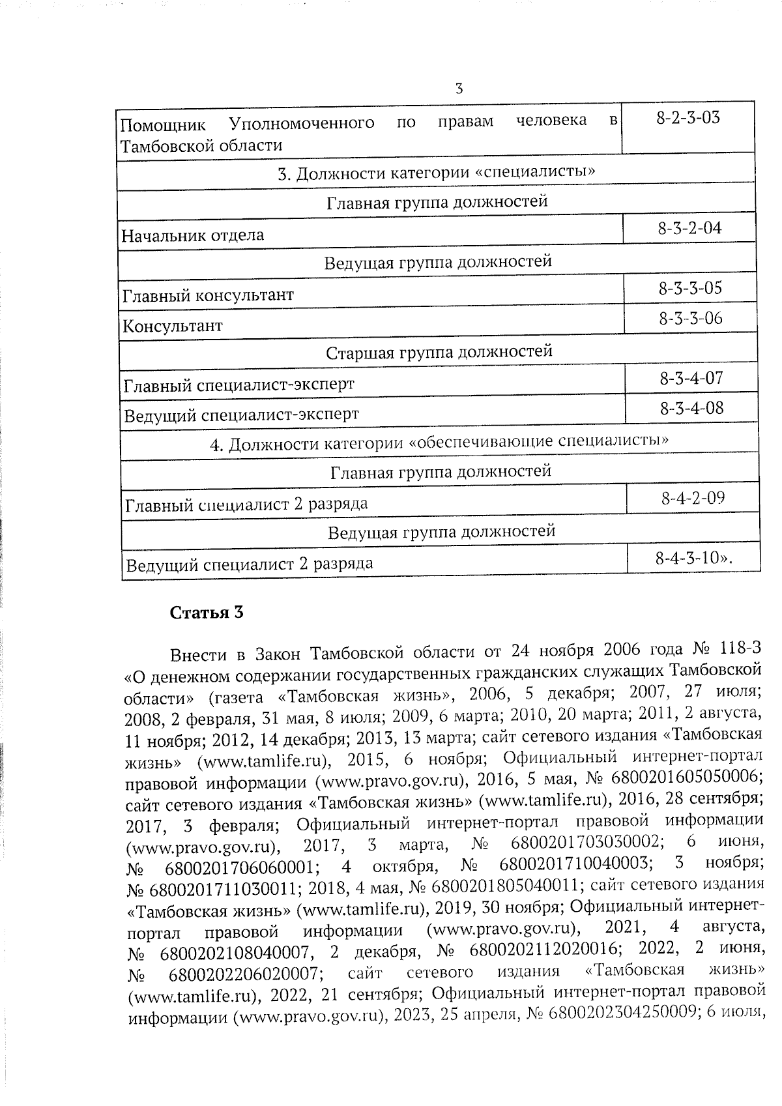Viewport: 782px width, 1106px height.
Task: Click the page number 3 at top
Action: pyautogui.click(x=459, y=89)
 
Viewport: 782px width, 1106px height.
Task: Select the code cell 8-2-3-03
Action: pyautogui.click(x=688, y=119)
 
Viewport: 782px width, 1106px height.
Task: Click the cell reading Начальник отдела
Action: pyautogui.click(x=193, y=235)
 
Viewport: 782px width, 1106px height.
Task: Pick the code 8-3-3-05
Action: pyautogui.click(x=690, y=289)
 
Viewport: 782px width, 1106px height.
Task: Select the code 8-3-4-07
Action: pyautogui.click(x=691, y=379)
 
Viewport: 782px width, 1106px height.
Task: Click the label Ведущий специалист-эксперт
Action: pyautogui.click(x=241, y=415)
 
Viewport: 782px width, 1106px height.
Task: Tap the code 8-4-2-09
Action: pyautogui.click(x=693, y=499)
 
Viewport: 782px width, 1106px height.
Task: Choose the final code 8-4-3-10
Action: pyautogui.click(x=693, y=559)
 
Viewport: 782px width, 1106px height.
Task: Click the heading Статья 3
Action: pyautogui.click(x=207, y=613)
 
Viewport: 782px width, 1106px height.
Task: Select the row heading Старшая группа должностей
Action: pyautogui.click(x=439, y=353)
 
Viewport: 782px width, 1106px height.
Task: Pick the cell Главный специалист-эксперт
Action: pyautogui.click(x=239, y=385)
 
